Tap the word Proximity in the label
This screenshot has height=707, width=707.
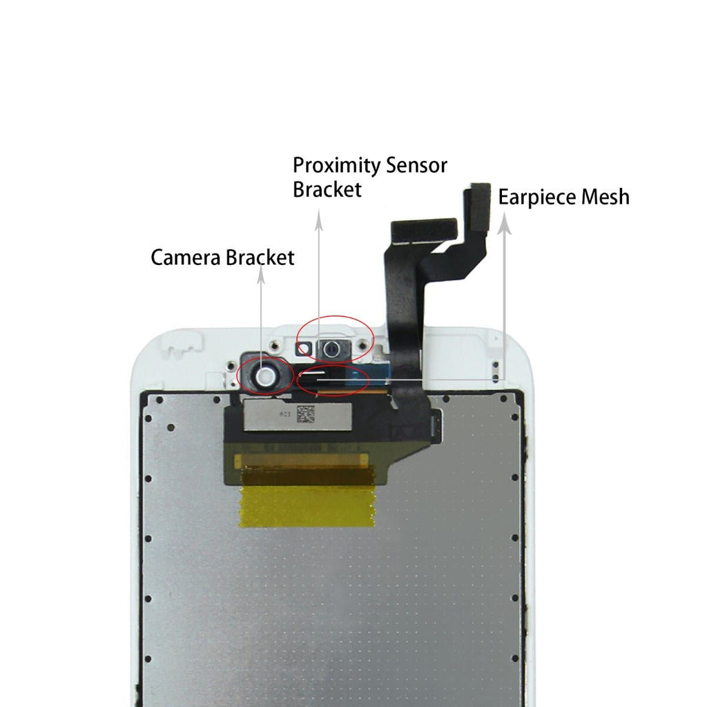pos(337,166)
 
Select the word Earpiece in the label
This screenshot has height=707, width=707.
pos(538,197)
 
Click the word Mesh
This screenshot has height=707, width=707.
pos(605,197)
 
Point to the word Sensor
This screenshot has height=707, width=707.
pos(416,166)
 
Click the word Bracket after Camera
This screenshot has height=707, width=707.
pos(260,258)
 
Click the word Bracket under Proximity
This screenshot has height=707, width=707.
pos(327,190)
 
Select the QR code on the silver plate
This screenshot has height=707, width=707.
pos(305,414)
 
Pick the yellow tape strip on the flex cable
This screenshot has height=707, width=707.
pos(307,504)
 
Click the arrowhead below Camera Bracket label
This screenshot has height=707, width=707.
pos(261,275)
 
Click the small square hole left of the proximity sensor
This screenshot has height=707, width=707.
pos(300,349)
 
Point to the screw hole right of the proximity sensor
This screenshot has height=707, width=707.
pos(361,343)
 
